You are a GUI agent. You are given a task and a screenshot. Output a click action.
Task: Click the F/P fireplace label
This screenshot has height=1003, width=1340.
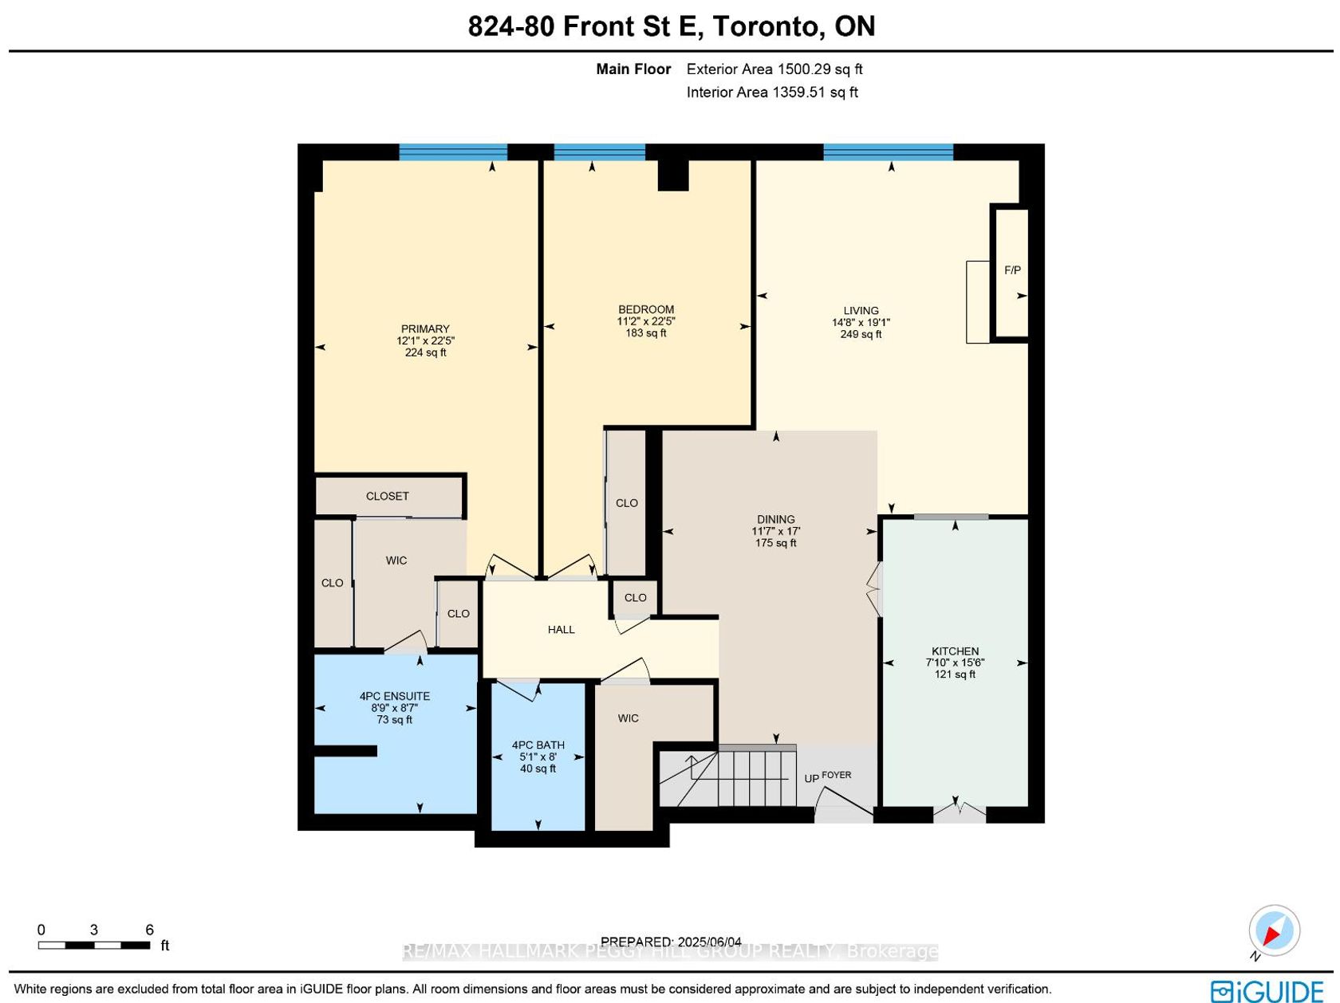click(x=1012, y=269)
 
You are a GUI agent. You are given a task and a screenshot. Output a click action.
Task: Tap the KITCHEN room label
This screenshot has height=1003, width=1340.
click(x=955, y=651)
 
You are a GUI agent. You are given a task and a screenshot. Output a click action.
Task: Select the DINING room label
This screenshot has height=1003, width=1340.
click(x=775, y=519)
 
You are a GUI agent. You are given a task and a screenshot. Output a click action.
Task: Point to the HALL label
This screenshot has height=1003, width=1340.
click(x=561, y=630)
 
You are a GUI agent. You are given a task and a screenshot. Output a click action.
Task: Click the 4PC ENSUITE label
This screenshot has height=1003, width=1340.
click(x=394, y=696)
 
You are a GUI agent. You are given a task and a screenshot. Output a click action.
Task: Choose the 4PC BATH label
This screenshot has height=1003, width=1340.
click(x=538, y=745)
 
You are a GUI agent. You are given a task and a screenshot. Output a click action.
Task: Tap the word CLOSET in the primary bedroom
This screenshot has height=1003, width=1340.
click(x=387, y=496)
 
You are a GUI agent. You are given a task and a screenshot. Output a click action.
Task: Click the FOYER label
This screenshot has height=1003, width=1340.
click(x=837, y=775)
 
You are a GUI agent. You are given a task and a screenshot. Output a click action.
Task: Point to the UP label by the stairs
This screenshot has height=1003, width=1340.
click(x=811, y=779)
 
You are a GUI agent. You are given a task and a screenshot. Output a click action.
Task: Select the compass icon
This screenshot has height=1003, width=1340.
click(x=1274, y=930)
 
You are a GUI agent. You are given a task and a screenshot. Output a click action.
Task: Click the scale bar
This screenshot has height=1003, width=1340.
click(x=94, y=946)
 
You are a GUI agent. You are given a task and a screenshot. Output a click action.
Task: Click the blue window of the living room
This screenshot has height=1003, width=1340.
click(x=888, y=152)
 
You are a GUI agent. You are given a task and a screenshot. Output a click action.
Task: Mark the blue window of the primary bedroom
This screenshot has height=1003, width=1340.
click(x=453, y=152)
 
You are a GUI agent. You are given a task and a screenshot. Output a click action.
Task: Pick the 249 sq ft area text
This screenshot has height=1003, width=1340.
click(x=861, y=334)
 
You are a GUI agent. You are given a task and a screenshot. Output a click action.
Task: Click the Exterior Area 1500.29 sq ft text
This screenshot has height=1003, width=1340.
click(x=774, y=69)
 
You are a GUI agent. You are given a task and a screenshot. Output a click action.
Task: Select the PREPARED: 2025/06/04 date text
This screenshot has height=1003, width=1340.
click(x=671, y=942)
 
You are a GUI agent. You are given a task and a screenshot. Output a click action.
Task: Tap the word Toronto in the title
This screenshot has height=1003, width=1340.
click(x=765, y=26)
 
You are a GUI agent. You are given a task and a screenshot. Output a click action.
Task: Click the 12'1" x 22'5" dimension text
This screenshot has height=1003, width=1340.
click(x=425, y=341)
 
